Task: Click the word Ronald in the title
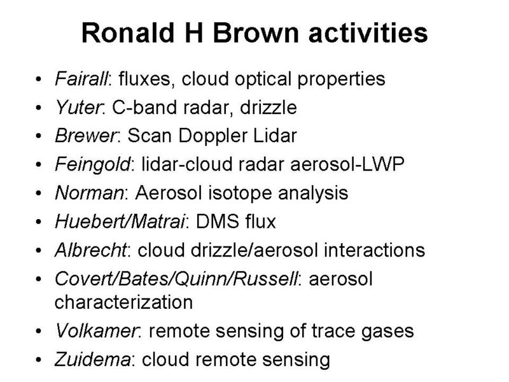128,33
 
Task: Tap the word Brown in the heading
256,33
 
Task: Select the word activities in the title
368,33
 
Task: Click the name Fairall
81,79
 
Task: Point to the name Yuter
78,108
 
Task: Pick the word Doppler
213,136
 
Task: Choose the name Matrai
158,222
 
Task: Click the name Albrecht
91,250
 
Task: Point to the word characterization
123,302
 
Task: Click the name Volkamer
96,331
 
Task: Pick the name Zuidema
93,360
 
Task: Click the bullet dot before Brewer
39,136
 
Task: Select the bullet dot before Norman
39,194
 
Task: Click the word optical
263,80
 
